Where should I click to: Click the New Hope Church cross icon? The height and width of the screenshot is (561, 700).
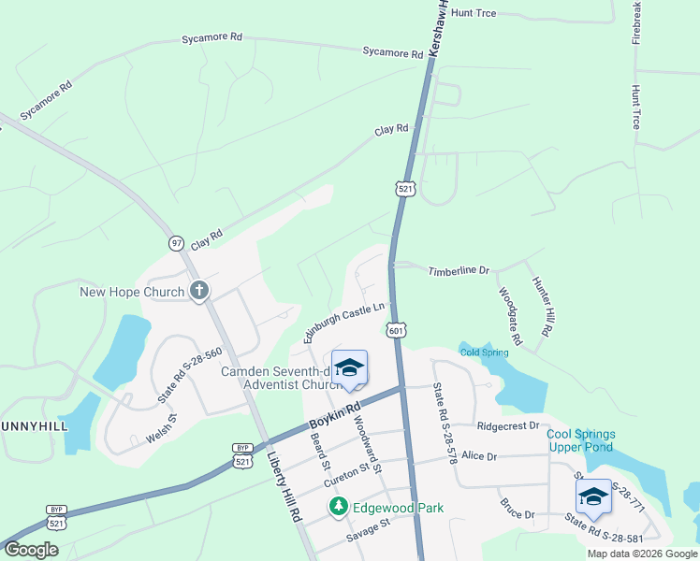pyautogui.click(x=198, y=292)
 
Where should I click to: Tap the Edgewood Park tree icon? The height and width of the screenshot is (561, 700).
pyautogui.click(x=339, y=508)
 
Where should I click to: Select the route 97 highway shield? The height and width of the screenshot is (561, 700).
pyautogui.click(x=177, y=243)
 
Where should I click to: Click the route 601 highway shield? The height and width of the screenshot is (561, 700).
pyautogui.click(x=396, y=330)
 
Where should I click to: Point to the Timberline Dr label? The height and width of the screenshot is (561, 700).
pyautogui.click(x=459, y=271)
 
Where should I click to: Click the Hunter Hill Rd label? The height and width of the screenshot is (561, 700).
pyautogui.click(x=543, y=307)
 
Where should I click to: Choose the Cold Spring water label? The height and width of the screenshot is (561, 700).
pyautogui.click(x=484, y=352)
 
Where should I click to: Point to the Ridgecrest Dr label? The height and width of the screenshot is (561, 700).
pyautogui.click(x=508, y=425)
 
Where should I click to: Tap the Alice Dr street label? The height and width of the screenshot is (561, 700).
pyautogui.click(x=478, y=456)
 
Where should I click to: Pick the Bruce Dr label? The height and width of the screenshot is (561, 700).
pyautogui.click(x=517, y=514)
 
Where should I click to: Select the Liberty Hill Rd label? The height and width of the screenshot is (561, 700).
pyautogui.click(x=283, y=487)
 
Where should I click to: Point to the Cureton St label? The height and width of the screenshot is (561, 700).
pyautogui.click(x=347, y=477)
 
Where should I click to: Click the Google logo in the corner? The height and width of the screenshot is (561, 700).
pyautogui.click(x=31, y=550)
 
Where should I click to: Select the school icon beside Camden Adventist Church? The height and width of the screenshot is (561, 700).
pyautogui.click(x=350, y=367)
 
